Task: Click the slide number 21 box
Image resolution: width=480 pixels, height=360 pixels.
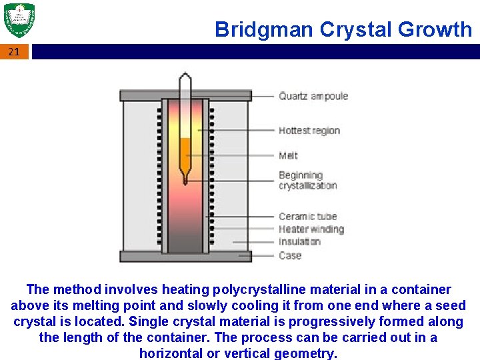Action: coord(15,51)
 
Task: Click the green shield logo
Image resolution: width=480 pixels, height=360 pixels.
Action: coord(19,21)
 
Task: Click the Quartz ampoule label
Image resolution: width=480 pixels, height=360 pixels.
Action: coord(313,96)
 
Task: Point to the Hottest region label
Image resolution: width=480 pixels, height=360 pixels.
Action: coord(309,131)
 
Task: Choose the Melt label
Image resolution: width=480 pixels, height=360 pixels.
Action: coord(289,155)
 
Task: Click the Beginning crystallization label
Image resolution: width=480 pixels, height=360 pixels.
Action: coord(307,180)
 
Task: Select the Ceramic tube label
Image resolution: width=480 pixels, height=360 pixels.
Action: coord(307,216)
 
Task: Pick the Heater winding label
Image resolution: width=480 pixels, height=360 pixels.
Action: coord(311,229)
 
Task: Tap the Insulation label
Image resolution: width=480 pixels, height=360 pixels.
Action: coord(299,242)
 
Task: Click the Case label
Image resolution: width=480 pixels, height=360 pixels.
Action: coord(290,255)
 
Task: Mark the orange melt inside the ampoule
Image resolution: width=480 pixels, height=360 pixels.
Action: coord(185,148)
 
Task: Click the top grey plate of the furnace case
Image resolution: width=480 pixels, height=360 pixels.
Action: coord(185,95)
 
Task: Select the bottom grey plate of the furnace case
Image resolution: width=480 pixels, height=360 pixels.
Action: coord(185,256)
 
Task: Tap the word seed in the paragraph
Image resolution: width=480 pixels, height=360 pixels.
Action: coord(451,305)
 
